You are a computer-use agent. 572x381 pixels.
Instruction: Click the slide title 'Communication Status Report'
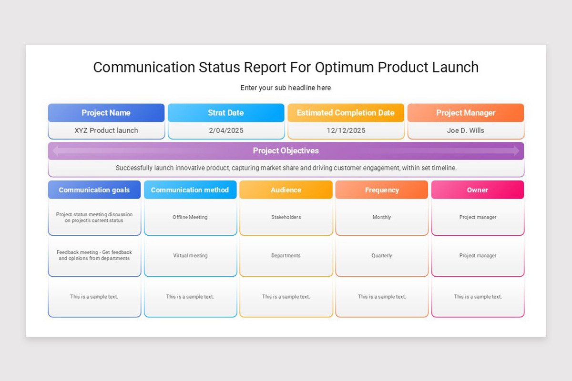coord(286,67)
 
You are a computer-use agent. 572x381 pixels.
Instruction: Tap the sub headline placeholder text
coord(286,88)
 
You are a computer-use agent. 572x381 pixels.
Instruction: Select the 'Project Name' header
coord(106,113)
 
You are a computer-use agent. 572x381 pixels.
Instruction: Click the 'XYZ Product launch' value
coord(106,130)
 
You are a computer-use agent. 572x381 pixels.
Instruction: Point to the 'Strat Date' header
coord(225,113)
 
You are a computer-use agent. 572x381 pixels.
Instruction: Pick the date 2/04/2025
coord(225,130)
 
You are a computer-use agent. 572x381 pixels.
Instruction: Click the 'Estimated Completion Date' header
coord(346,113)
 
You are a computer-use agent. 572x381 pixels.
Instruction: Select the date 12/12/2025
coord(346,130)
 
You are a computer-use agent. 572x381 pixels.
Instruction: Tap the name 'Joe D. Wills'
coord(466,130)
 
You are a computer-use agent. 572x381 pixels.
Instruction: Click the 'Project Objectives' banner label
coord(286,150)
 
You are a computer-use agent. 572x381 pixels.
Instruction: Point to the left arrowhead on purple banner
coord(55,150)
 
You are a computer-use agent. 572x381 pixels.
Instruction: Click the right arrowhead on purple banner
coord(517,150)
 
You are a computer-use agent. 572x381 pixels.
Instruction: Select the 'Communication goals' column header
coord(94,190)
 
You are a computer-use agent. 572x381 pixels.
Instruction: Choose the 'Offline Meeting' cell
coord(190,217)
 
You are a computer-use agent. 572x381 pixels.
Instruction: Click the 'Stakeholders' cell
coord(286,217)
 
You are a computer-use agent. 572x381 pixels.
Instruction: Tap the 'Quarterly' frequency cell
coord(382,256)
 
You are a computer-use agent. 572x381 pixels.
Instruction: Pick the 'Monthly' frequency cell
coord(382,217)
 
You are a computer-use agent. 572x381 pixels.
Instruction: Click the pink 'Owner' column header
coord(478,190)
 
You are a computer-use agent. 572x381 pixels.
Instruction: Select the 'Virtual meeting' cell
coord(190,256)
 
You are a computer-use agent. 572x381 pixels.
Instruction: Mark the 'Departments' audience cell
coord(286,256)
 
